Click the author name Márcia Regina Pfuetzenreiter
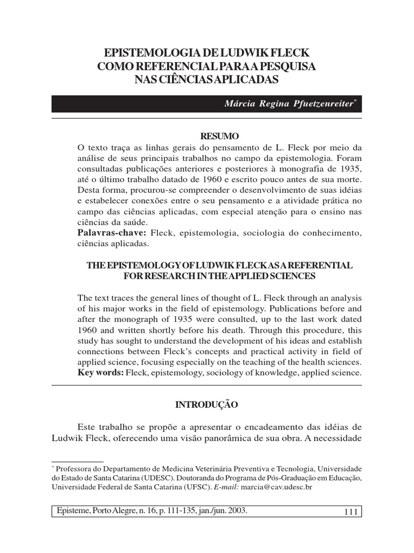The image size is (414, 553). pyautogui.click(x=289, y=104)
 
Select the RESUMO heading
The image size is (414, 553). pyautogui.click(x=220, y=136)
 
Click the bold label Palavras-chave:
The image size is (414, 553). pyautogui.click(x=112, y=233)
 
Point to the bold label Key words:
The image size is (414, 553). pyautogui.click(x=101, y=373)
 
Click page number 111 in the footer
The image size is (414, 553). pyautogui.click(x=351, y=511)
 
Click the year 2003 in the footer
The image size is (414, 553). pyautogui.click(x=237, y=510)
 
